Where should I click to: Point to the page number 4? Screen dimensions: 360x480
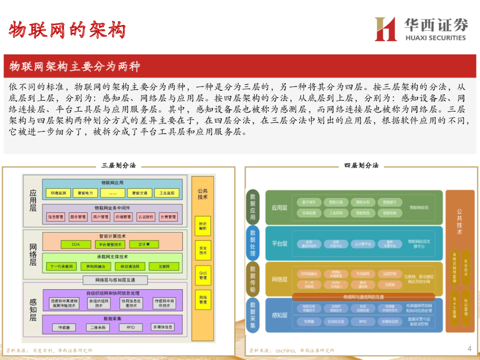pyautogui.click(x=469, y=348)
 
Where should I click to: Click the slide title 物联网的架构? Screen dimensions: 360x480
pyautogui.click(x=67, y=30)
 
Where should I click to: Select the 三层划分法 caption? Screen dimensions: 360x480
pyautogui.click(x=119, y=165)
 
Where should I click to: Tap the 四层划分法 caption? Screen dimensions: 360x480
pyautogui.click(x=361, y=165)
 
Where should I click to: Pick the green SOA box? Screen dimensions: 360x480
pyautogui.click(x=75, y=244)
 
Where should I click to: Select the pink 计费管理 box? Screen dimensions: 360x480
pyautogui.click(x=167, y=217)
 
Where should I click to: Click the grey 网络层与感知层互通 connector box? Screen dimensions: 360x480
pyautogui.click(x=115, y=280)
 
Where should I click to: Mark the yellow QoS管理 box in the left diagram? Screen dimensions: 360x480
pyautogui.click(x=202, y=274)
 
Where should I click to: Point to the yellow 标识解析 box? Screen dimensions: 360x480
pyautogui.click(x=202, y=225)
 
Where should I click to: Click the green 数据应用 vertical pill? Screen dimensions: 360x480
pyautogui.click(x=253, y=206)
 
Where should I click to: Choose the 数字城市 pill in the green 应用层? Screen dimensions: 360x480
pyautogui.click(x=309, y=202)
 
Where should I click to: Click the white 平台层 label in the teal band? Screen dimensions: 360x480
pyautogui.click(x=279, y=244)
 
